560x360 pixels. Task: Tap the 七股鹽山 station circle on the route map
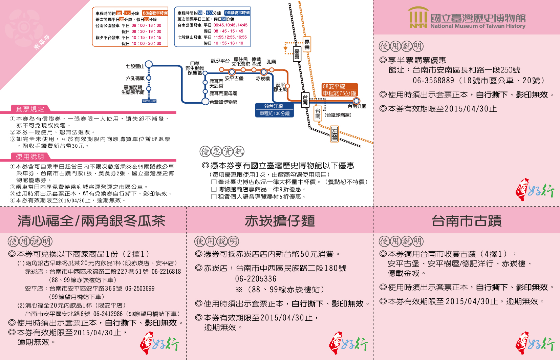pyautogui.click(x=149, y=64)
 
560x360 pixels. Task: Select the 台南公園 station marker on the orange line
pyautogui.click(x=356, y=101)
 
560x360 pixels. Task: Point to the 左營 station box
pyautogui.click(x=335, y=134)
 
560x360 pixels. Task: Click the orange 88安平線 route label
pyautogui.click(x=339, y=90)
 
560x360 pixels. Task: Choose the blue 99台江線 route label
pyautogui.click(x=274, y=110)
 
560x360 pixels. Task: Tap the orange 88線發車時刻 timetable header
pyautogui.click(x=155, y=13)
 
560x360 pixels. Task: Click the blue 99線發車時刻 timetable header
pyautogui.click(x=237, y=13)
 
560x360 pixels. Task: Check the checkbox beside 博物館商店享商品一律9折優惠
pyautogui.click(x=214, y=189)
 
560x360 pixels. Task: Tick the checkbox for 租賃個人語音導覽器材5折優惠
pyautogui.click(x=214, y=196)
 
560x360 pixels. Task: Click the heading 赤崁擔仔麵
pyautogui.click(x=280, y=221)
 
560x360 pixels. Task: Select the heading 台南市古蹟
pyautogui.click(x=466, y=221)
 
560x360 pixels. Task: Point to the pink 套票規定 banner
pyautogui.click(x=30, y=109)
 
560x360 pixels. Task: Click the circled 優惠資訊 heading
pyautogui.click(x=222, y=151)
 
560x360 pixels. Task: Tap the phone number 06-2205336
pyautogui.click(x=256, y=279)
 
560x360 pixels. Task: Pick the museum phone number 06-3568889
pyautogui.click(x=433, y=80)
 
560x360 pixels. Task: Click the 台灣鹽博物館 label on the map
pyautogui.click(x=223, y=102)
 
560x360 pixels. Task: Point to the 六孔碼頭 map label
pyautogui.click(x=135, y=78)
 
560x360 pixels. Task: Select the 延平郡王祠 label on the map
pyautogui.click(x=280, y=87)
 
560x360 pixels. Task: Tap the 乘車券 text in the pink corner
pyautogui.click(x=42, y=42)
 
